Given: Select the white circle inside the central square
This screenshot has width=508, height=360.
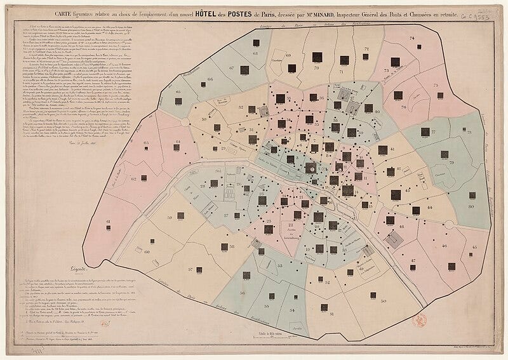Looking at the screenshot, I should tap(311, 169).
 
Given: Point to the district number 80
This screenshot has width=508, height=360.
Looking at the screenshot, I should tap(471, 206).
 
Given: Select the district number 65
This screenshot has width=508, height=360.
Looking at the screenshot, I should tap(146, 143).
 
